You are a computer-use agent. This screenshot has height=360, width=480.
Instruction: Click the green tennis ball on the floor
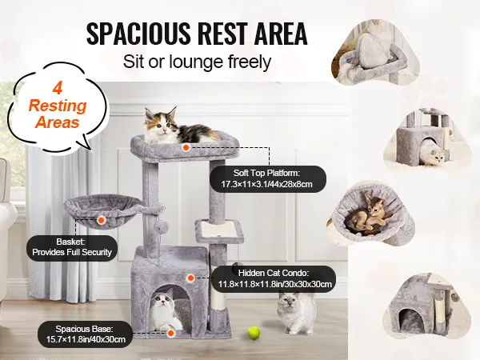click(254, 333)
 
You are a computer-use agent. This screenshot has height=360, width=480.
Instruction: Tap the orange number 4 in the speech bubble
click(58, 89)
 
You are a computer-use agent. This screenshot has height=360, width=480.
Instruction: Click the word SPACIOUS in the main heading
click(138, 34)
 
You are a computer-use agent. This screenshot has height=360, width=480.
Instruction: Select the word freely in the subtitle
click(250, 62)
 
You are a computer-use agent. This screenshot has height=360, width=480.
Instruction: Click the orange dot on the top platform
click(186, 147)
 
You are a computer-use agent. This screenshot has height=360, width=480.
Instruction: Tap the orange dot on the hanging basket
click(102, 220)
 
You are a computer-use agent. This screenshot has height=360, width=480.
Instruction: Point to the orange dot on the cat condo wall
click(190, 278)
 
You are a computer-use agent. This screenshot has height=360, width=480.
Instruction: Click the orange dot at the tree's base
click(171, 333)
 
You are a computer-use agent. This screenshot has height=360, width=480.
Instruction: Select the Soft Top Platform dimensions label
click(267, 178)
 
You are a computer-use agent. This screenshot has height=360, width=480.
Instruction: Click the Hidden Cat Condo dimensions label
click(274, 278)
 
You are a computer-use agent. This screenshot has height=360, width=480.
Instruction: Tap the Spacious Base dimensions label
click(85, 334)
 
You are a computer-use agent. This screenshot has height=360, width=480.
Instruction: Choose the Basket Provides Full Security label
click(72, 247)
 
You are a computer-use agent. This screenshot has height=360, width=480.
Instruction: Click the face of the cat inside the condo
click(163, 302)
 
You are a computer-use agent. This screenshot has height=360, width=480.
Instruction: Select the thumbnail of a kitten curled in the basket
click(371, 213)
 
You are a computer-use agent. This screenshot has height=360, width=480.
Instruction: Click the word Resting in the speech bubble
click(58, 106)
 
